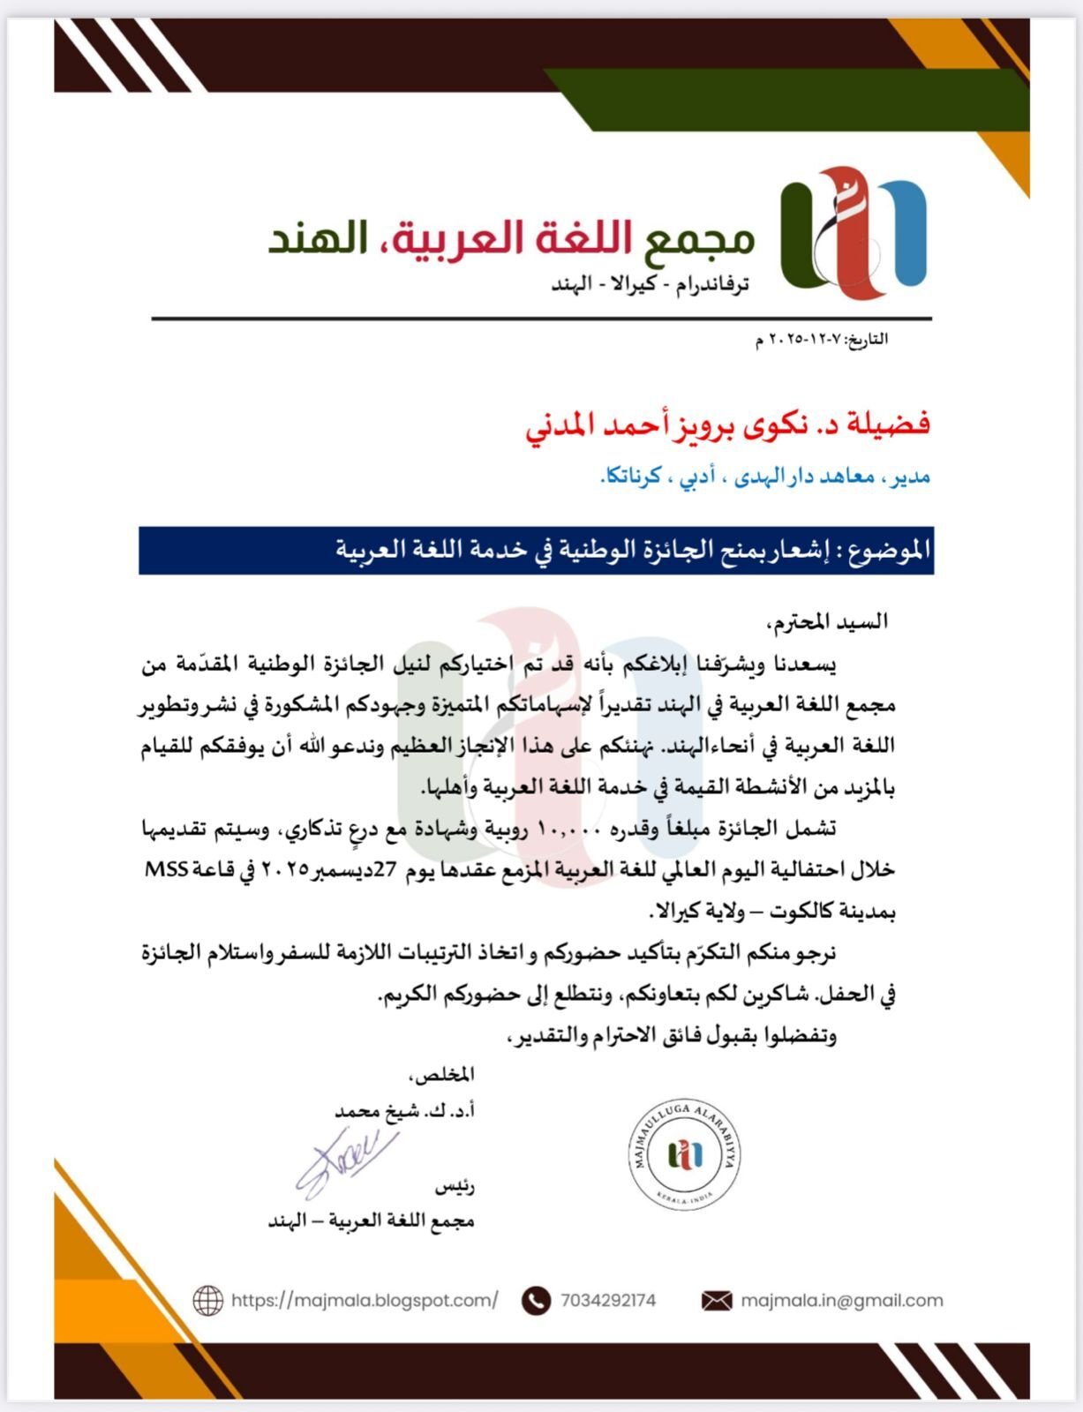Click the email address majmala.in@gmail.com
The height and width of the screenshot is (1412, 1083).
(x=841, y=1300)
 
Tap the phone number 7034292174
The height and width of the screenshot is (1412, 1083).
(x=607, y=1300)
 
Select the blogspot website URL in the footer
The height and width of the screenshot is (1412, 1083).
(x=365, y=1300)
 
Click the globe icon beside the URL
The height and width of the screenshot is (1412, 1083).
(x=207, y=1300)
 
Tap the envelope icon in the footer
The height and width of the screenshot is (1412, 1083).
(x=717, y=1301)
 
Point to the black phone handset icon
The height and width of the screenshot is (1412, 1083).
(x=536, y=1301)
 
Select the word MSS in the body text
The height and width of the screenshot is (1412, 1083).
(x=166, y=869)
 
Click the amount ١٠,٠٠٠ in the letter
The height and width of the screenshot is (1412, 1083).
(x=569, y=830)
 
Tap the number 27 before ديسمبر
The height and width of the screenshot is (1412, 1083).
(x=386, y=870)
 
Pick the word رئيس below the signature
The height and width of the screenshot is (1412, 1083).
(x=455, y=1187)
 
